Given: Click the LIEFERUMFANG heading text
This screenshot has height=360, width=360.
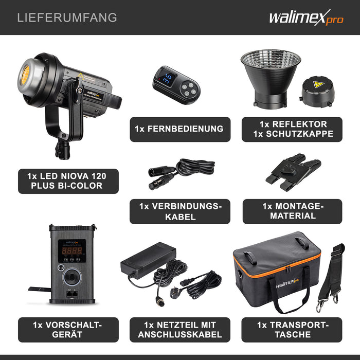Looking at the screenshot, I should click(67, 17).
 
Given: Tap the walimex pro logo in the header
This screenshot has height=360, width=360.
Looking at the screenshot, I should click(305, 18).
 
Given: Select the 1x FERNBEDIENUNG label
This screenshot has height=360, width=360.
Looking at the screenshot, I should click(179, 129).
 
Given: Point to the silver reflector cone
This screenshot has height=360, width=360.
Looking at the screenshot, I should click(271, 77).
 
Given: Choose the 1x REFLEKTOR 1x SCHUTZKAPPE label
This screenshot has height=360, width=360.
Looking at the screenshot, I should click(292, 129).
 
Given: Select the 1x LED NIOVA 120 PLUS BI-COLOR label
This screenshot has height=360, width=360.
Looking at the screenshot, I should click(68, 181).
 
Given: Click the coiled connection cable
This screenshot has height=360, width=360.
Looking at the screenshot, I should click(190, 169).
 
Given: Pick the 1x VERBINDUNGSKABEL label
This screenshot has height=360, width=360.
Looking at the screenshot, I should click(179, 211).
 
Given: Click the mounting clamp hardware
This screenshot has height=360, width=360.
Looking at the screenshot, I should click(293, 170).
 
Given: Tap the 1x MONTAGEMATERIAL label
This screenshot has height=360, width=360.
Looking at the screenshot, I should click(292, 211).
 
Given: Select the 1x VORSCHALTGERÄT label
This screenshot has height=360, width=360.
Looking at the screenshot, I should click(68, 330).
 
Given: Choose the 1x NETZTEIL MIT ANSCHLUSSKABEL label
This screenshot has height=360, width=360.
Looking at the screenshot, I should click(179, 330).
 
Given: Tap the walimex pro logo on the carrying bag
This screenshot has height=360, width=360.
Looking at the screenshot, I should click(281, 282).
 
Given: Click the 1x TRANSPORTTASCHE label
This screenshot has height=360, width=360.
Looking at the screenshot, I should click(292, 330).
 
